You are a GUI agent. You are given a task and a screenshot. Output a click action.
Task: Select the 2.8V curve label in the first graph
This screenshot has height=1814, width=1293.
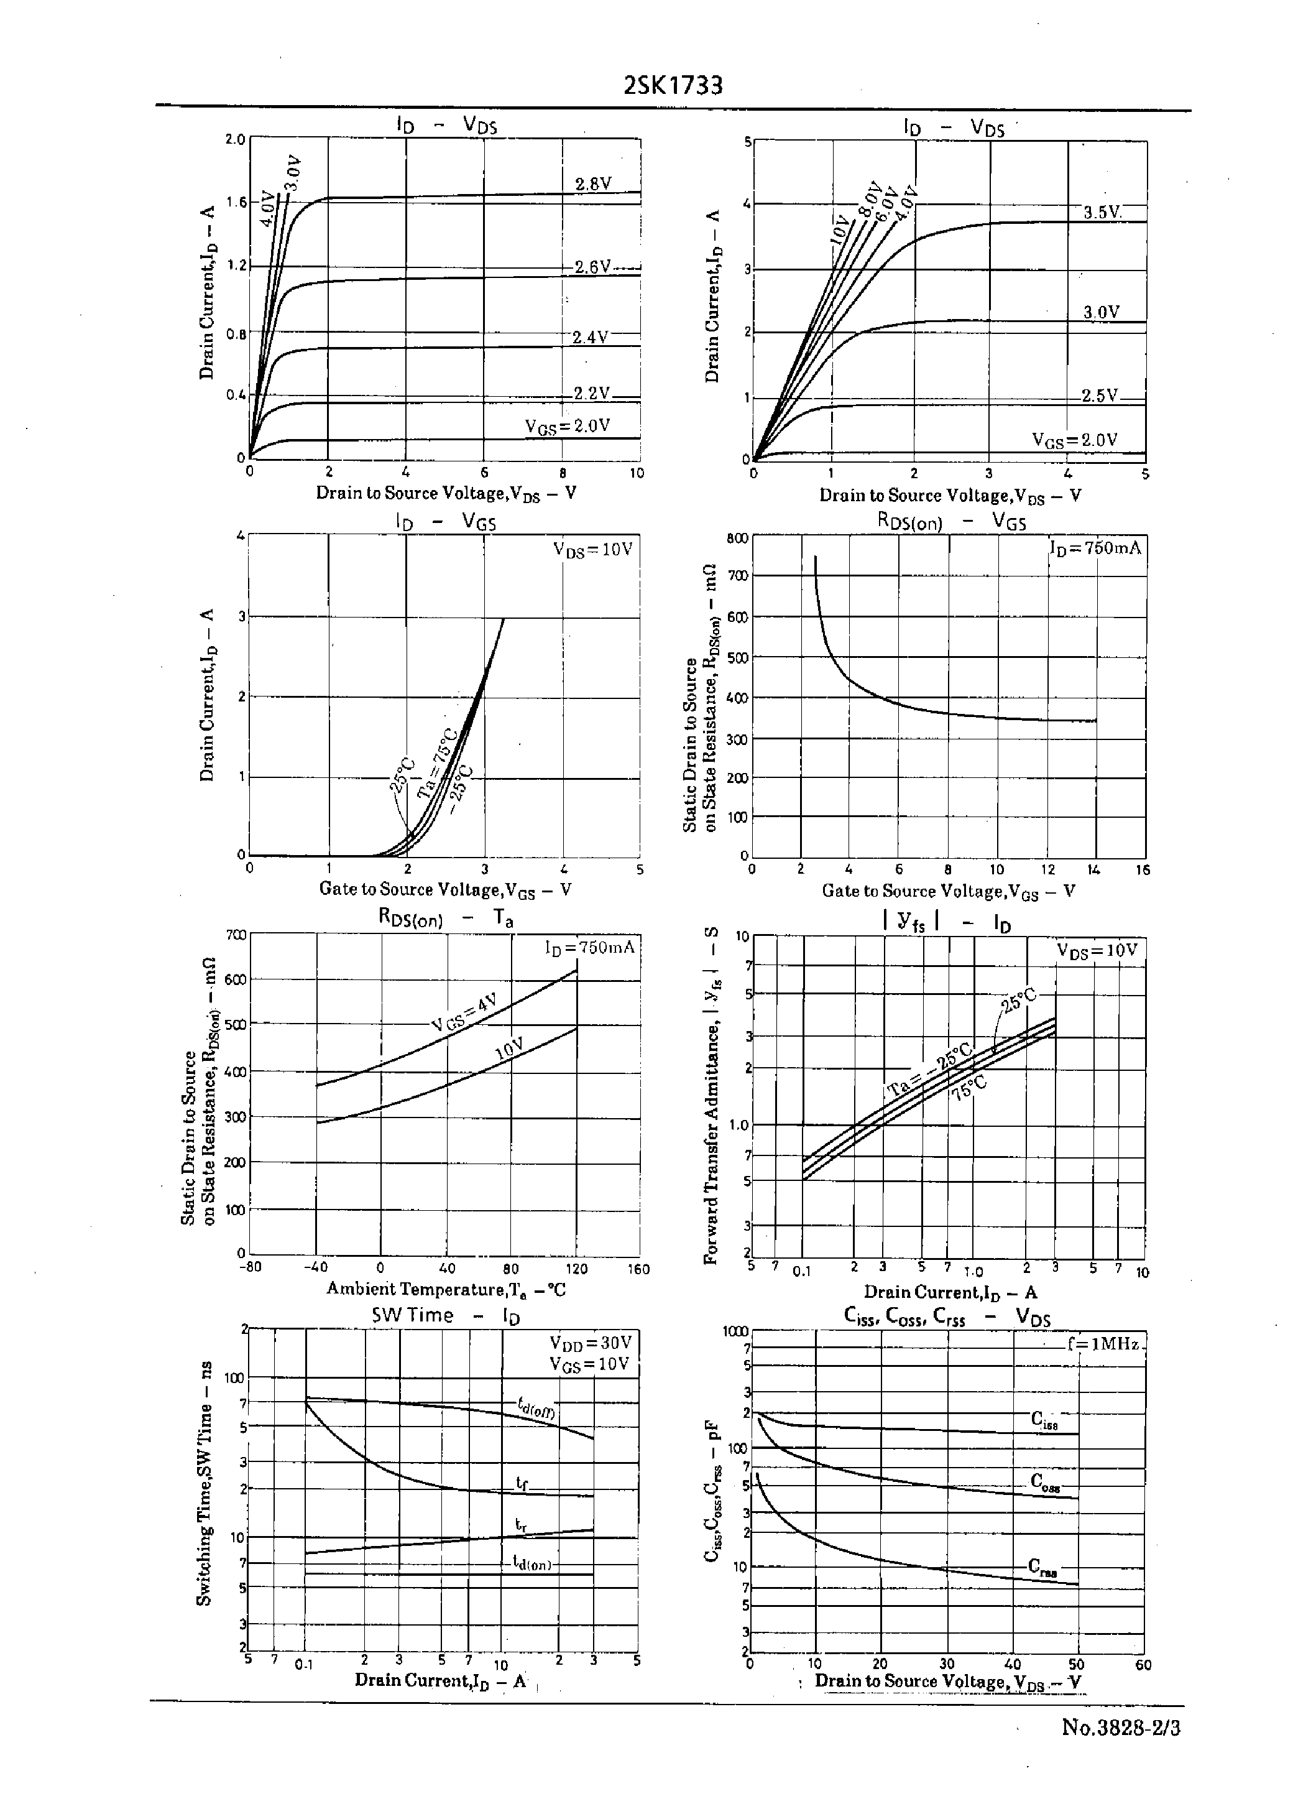click(x=593, y=184)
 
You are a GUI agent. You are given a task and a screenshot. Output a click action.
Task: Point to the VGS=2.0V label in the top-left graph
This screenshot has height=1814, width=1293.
click(x=567, y=426)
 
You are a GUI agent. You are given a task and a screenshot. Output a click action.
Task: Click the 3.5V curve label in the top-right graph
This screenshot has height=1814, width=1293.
click(x=1102, y=213)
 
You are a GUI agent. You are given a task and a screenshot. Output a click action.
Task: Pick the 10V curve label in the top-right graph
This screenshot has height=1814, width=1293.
click(x=840, y=229)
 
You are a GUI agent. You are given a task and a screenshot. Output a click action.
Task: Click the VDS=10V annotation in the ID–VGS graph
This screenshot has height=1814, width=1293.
click(x=593, y=550)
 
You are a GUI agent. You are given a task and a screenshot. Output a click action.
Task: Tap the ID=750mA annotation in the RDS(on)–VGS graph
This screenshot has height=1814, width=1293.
click(x=1095, y=548)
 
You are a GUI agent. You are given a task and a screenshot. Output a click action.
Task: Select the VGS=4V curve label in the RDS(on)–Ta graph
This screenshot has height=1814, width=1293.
click(x=464, y=1011)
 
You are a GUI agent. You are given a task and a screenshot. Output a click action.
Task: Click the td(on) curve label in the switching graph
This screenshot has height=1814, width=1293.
click(x=531, y=1563)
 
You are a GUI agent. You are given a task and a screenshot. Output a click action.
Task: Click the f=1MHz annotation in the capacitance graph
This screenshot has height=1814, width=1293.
click(x=1104, y=1345)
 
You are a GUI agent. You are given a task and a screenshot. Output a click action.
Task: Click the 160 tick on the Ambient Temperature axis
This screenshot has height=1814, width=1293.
click(x=638, y=1269)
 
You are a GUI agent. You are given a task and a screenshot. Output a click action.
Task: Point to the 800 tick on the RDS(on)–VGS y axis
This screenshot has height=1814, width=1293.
click(x=737, y=539)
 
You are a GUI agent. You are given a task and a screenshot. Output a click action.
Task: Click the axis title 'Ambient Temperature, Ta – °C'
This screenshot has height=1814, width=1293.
click(x=446, y=1289)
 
